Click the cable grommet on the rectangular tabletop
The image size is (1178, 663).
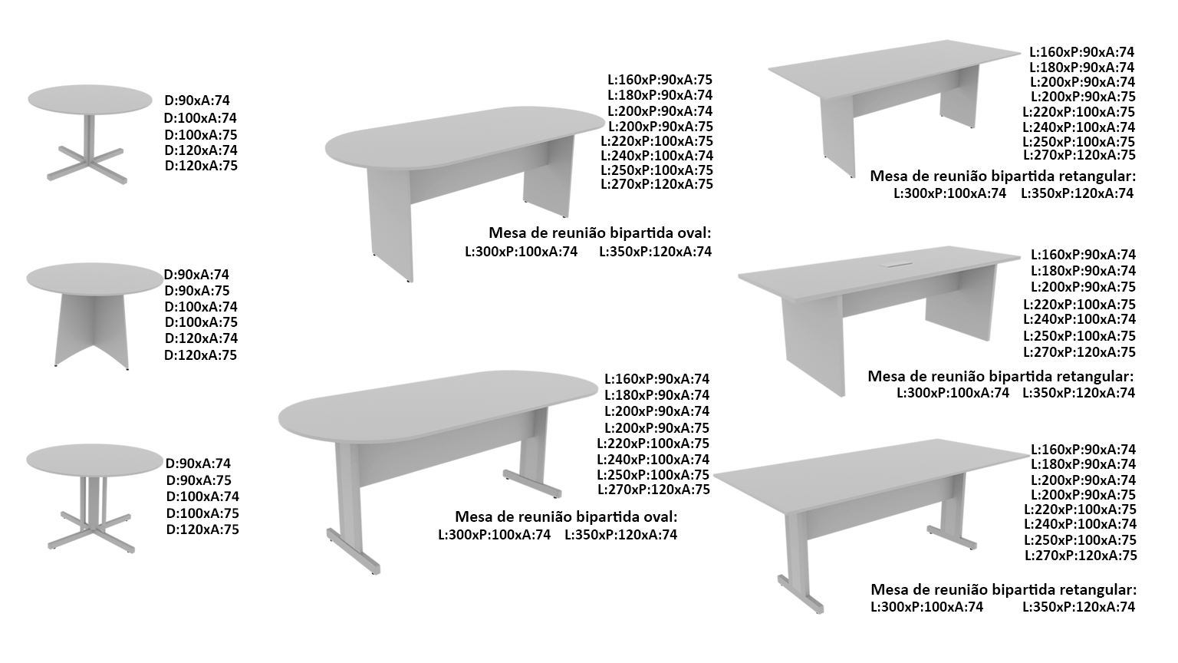[897, 264]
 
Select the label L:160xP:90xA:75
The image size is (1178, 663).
[660, 80]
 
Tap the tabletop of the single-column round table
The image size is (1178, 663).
[90, 100]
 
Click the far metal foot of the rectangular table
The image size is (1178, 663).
[952, 537]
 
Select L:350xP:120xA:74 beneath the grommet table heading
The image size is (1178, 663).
[1078, 393]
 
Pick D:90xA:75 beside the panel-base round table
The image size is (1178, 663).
[197, 291]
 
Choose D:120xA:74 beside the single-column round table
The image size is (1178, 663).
[201, 150]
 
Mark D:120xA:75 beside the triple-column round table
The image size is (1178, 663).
[202, 530]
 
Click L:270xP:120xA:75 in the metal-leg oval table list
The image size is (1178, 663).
[653, 490]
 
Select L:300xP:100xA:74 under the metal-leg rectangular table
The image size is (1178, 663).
[926, 607]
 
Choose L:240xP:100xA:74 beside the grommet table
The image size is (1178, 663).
[1079, 319]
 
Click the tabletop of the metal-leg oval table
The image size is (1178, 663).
[438, 405]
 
